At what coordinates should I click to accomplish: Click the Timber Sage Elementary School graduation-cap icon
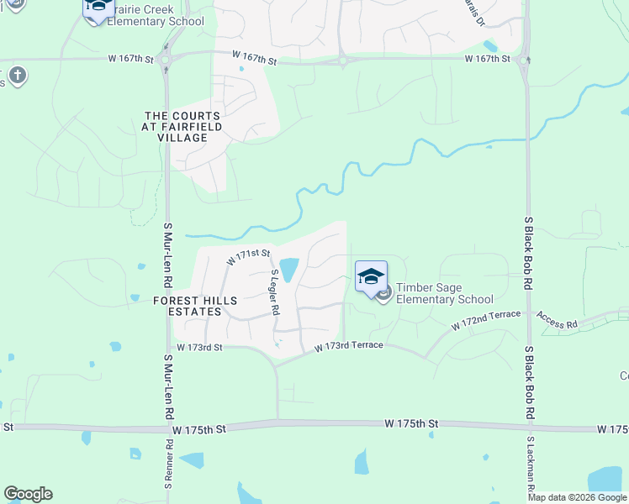(371, 277)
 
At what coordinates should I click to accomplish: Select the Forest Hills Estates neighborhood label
(195, 306)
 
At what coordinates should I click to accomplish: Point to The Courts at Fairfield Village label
(182, 126)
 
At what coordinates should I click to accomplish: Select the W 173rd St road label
(199, 347)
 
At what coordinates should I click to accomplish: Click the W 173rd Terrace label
(349, 346)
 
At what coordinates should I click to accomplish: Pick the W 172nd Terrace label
(485, 318)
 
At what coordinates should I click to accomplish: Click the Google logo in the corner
(28, 494)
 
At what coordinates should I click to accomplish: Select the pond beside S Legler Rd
(288, 269)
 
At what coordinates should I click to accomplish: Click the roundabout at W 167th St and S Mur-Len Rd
(166, 60)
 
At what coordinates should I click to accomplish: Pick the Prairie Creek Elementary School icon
(98, 8)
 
